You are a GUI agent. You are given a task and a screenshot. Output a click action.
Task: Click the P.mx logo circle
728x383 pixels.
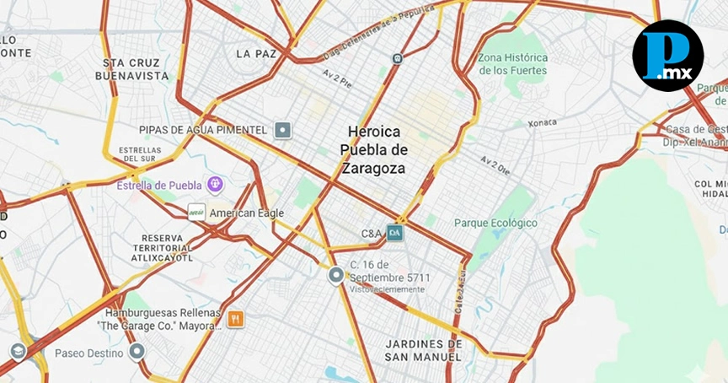[x=667, y=56]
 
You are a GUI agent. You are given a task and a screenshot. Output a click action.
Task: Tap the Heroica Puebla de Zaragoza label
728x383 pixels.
[x=375, y=150]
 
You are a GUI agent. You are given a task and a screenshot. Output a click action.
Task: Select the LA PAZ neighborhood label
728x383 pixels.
[x=256, y=54]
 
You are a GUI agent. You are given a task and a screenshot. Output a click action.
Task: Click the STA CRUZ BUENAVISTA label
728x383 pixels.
[x=136, y=69]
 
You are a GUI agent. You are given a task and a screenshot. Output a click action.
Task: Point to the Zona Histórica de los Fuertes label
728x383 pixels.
[x=513, y=64]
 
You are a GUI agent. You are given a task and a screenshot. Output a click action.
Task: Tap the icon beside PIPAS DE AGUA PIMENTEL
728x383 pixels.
[x=283, y=130]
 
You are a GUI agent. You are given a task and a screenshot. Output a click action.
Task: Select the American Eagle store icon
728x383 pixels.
[x=196, y=213]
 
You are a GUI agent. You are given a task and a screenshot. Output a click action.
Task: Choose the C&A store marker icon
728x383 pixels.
[x=395, y=232]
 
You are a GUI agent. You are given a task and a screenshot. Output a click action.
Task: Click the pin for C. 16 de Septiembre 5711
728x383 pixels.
[x=337, y=275]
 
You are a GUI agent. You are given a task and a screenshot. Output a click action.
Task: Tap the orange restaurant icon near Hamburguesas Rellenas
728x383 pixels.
[x=235, y=319]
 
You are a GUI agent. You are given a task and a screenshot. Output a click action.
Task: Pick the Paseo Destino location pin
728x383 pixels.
[x=137, y=352]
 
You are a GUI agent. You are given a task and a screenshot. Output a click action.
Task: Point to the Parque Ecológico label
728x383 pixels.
[x=495, y=223]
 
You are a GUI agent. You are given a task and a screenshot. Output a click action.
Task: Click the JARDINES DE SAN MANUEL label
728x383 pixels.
[x=424, y=350]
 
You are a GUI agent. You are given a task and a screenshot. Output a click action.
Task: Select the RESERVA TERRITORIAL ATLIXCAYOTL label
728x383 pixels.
[x=168, y=247]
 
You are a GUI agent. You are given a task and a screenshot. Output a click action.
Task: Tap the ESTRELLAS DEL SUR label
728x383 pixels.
[x=140, y=154]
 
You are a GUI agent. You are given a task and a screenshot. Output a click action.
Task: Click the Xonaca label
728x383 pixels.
[x=543, y=123]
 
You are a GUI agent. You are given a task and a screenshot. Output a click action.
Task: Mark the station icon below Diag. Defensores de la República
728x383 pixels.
[x=397, y=58]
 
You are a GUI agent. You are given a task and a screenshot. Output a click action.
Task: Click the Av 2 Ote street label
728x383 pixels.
[x=495, y=163]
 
